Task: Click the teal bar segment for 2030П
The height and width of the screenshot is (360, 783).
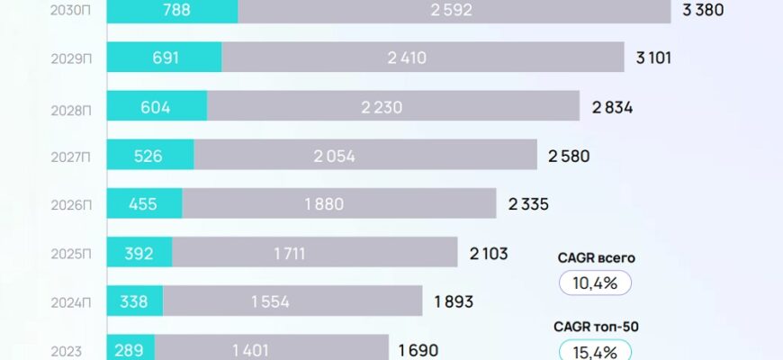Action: [x=172, y=11]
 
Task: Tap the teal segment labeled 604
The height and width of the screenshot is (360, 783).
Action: [x=157, y=106]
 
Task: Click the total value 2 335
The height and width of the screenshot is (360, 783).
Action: [x=528, y=204]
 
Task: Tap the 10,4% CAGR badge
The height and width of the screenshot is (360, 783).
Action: [x=595, y=283]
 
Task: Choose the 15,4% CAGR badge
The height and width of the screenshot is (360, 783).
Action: [x=595, y=350]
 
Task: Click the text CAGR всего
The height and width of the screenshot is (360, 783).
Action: [x=595, y=258]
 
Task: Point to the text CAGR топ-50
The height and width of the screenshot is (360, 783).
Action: [x=595, y=325]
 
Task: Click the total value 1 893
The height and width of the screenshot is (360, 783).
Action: [x=454, y=301]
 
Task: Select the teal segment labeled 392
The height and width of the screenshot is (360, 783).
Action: [x=139, y=253]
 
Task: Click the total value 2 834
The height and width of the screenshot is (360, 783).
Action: [x=613, y=107]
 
